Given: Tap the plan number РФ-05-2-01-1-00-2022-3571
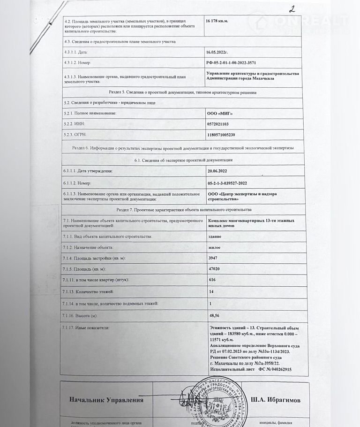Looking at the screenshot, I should tap(238, 62).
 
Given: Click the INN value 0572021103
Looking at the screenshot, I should tap(220, 124).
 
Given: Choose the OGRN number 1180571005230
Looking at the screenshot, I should tap(224, 135).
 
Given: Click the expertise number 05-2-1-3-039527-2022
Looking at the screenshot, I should tap(233, 183).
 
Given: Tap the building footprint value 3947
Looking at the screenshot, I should tap(214, 258).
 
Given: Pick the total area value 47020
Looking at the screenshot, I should tap(215, 269).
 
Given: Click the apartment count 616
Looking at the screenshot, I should tap(213, 281).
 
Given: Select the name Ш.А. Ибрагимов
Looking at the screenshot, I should tap(277, 400).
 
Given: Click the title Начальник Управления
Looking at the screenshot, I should tap(106, 400).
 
